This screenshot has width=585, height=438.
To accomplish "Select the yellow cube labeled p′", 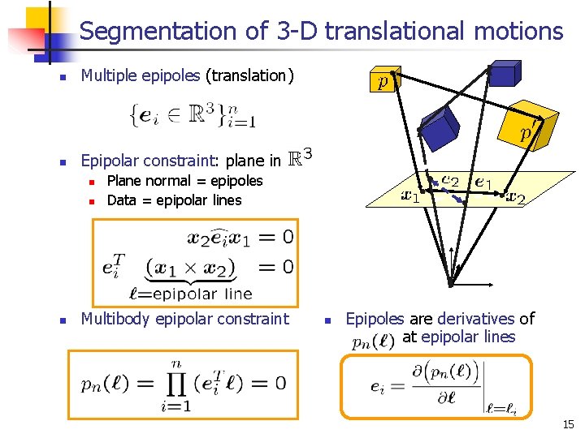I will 529,131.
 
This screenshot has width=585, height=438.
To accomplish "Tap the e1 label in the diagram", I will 488,181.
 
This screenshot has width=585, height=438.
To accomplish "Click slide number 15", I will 567,423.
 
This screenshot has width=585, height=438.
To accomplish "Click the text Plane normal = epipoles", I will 184,180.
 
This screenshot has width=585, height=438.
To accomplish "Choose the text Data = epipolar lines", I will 174,200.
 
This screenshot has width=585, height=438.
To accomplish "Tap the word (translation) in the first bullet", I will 249,75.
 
